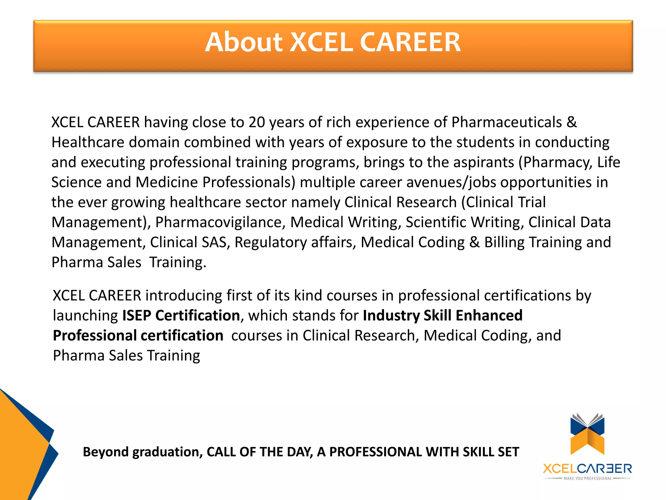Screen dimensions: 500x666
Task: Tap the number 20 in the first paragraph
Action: point(257,122)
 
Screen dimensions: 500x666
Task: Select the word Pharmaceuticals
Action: point(507,122)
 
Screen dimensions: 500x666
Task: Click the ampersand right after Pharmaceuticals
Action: point(572,122)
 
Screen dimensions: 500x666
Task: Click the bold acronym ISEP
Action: point(137,316)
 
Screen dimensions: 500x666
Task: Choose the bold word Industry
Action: point(391,316)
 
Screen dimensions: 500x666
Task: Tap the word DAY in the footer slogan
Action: point(300,452)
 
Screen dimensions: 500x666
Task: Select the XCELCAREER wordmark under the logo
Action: point(587,469)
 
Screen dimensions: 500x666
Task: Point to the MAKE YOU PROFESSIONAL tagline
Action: point(587,479)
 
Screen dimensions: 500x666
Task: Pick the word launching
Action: point(86,316)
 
